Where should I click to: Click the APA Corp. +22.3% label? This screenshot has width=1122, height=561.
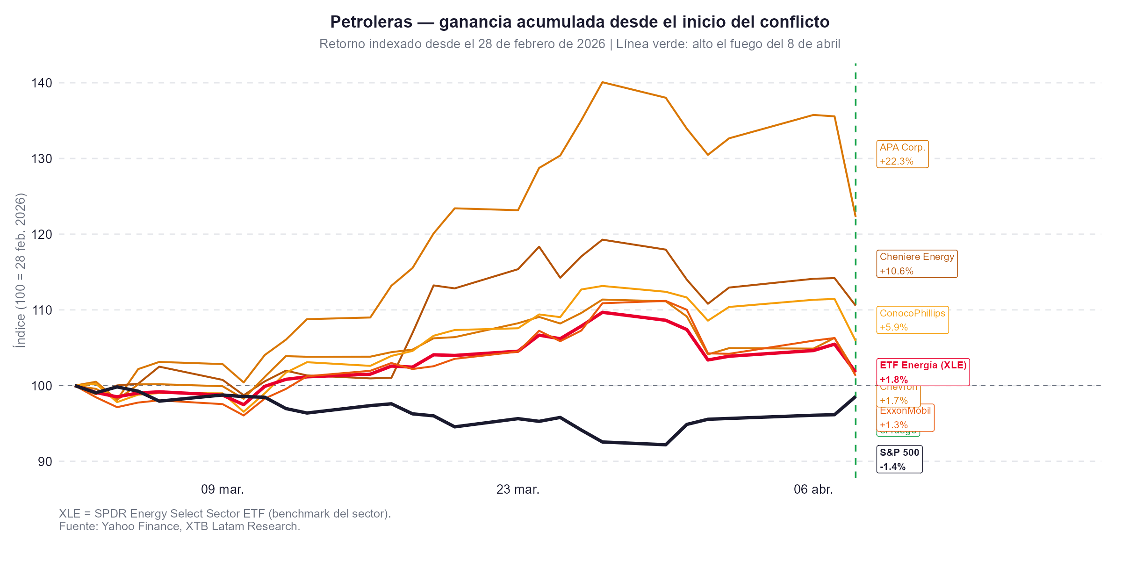pos(902,154)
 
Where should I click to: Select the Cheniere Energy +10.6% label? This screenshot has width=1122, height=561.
pos(916,264)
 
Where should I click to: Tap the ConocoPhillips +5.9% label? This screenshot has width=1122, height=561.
pos(912,320)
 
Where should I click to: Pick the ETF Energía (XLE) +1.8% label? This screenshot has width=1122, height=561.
pos(922,372)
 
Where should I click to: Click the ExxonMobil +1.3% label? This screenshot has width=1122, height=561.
pos(905,418)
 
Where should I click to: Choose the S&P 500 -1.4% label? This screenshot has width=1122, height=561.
pos(899,459)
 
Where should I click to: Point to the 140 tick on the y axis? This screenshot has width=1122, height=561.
pos(42,83)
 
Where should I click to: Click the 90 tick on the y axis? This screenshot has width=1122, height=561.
pos(45,461)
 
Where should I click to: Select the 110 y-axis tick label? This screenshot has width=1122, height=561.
pos(42,310)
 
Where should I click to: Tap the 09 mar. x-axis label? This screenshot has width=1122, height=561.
pos(223,489)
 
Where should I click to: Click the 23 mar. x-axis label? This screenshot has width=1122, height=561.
pos(518,489)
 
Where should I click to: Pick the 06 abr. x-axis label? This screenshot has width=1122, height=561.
pos(813,489)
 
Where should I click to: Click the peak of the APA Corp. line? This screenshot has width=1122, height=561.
pos(603,82)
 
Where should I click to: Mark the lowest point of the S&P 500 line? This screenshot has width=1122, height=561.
pos(665,445)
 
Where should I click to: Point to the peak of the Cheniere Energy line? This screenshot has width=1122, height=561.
pos(603,240)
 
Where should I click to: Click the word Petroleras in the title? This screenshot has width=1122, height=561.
pos(371,22)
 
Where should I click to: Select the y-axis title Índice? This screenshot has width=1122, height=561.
pos(20,336)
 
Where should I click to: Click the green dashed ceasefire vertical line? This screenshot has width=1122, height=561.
pos(855,140)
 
